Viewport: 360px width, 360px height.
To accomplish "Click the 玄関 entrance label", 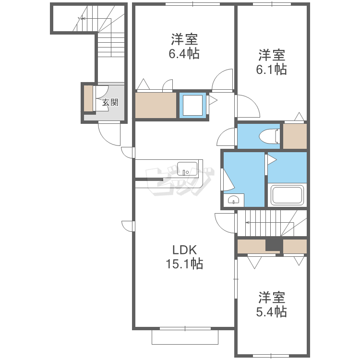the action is [x=110, y=102].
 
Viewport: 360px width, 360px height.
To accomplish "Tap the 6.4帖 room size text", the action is [x=184, y=54].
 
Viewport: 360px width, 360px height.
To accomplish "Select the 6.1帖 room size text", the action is [x=271, y=69].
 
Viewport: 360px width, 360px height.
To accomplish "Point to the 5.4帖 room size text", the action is [x=271, y=312].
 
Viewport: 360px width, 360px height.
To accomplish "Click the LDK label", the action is [x=185, y=250].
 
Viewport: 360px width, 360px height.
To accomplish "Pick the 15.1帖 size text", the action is [x=184, y=264].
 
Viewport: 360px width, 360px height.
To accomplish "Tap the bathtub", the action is [x=287, y=195].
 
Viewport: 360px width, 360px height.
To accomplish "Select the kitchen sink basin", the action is [x=187, y=169].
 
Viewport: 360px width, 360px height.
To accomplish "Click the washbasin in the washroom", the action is [x=234, y=200].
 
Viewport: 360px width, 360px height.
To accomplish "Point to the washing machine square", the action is [x=192, y=106].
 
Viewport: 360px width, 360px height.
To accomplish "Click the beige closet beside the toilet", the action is [x=295, y=136].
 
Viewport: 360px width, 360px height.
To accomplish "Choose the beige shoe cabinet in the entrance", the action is [x=88, y=98].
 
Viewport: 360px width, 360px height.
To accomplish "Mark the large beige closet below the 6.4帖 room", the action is [x=156, y=106].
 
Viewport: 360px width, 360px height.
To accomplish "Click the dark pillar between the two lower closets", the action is [x=274, y=245].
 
